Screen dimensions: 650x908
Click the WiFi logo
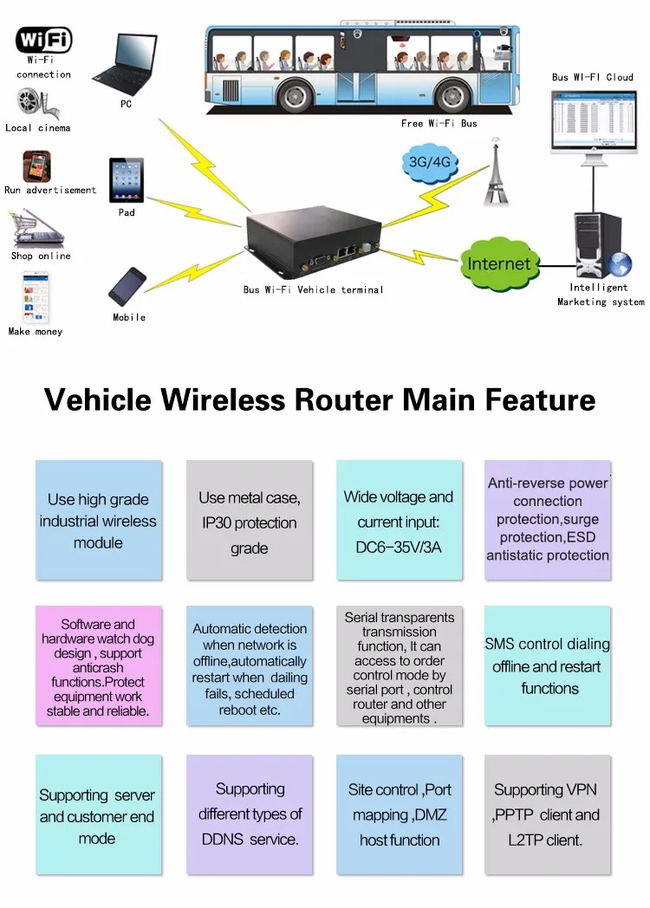tap(43, 40)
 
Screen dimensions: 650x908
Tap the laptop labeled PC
tap(126, 65)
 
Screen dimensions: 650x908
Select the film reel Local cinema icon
tap(36, 103)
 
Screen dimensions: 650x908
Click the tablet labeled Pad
tap(127, 180)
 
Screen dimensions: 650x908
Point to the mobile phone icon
tap(127, 286)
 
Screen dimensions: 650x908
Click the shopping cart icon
tap(35, 229)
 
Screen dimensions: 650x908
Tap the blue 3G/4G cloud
tap(429, 163)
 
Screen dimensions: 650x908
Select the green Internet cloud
tap(499, 263)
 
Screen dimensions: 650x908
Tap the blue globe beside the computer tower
tap(619, 264)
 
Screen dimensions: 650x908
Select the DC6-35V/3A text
tap(399, 548)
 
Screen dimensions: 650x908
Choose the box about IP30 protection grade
tap(249, 520)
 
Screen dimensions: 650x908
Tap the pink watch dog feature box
tap(99, 666)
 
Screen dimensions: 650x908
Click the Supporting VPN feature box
tap(548, 814)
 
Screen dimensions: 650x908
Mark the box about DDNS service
tap(249, 814)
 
